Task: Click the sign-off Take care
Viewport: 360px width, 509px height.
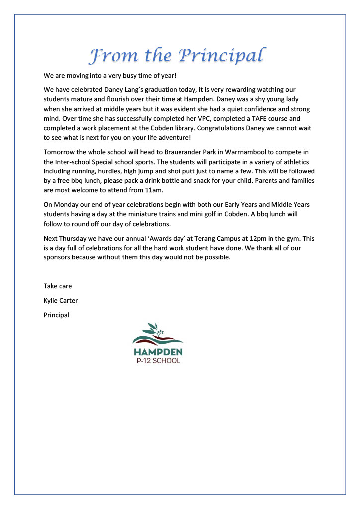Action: pos(58,286)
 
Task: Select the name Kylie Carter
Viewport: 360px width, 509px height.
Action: pos(61,300)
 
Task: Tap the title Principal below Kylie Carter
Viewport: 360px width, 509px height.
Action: pos(56,315)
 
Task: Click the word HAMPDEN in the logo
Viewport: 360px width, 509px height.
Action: pos(158,352)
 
